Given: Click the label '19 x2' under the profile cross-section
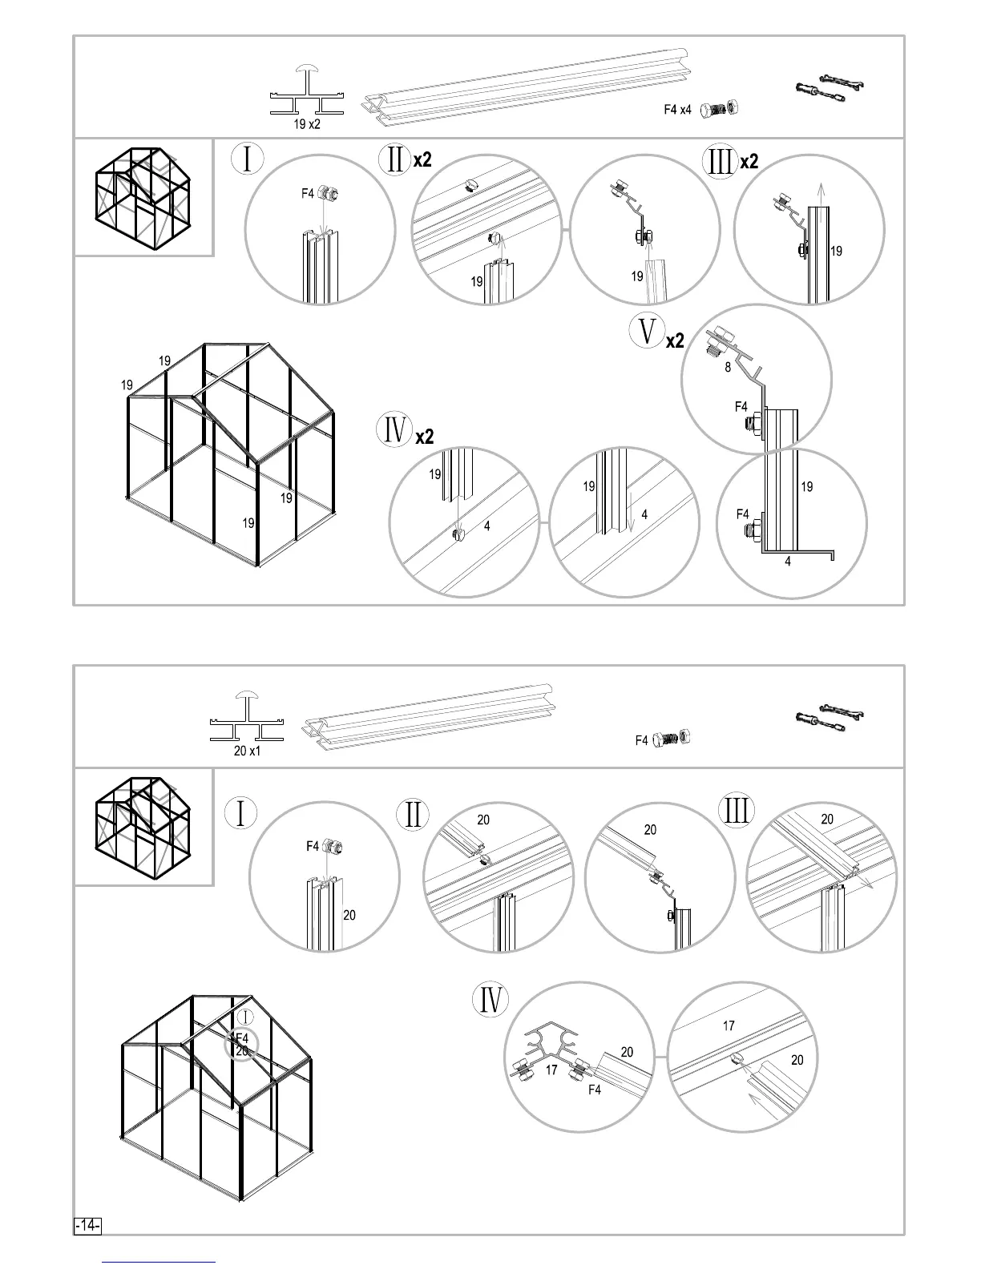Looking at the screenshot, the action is coord(306,125).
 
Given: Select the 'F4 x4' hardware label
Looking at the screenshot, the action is coord(677,110).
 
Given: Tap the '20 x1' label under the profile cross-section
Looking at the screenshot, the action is coord(247,751).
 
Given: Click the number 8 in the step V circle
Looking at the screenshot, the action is coord(728,368).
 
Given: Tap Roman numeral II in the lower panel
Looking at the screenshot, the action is coord(414,815).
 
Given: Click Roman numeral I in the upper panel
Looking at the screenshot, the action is coord(248,158).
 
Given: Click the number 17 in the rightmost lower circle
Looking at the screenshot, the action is coord(729,1025).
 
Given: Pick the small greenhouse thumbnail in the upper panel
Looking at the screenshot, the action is coord(143,196).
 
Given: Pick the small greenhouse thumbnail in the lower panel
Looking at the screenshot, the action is coord(143,827).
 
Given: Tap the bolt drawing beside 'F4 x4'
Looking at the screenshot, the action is coord(719,109).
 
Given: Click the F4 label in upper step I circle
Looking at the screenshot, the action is coord(308,193).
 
